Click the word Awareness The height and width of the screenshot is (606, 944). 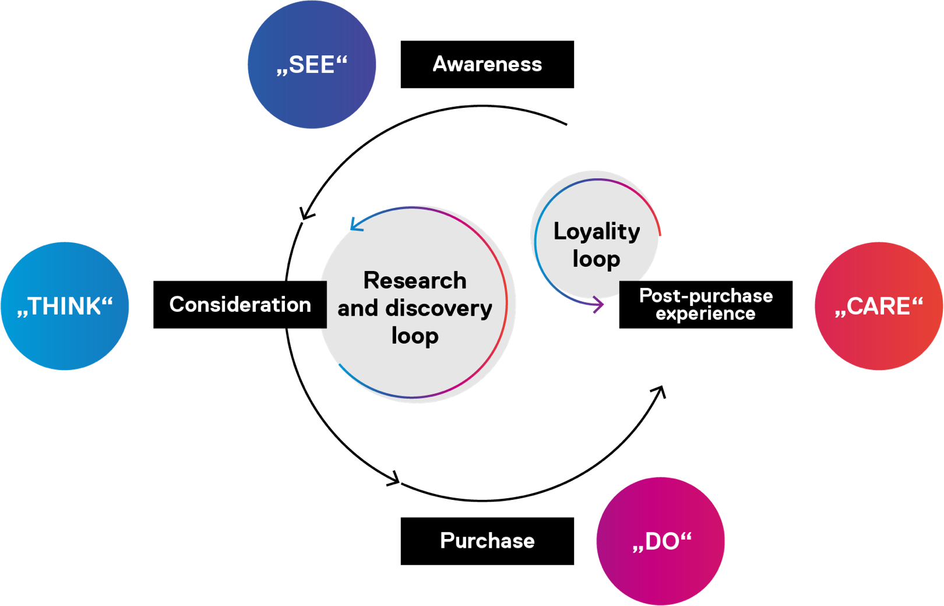point(487,64)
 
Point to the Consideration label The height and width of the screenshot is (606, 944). point(240,305)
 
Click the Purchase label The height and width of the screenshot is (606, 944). point(487,541)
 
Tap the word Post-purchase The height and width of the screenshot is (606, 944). point(706,296)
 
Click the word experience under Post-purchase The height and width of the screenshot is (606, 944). point(706,313)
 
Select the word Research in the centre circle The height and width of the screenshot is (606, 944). point(415,281)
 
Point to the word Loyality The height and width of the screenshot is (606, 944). point(597,232)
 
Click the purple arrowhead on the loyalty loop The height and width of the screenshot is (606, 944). point(598,304)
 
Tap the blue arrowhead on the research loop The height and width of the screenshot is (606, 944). point(355,225)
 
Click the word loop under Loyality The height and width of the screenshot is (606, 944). point(596,259)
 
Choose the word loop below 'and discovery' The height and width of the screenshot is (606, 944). point(415,336)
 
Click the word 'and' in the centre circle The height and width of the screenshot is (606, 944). point(357,308)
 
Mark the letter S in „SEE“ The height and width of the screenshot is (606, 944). point(297,65)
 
